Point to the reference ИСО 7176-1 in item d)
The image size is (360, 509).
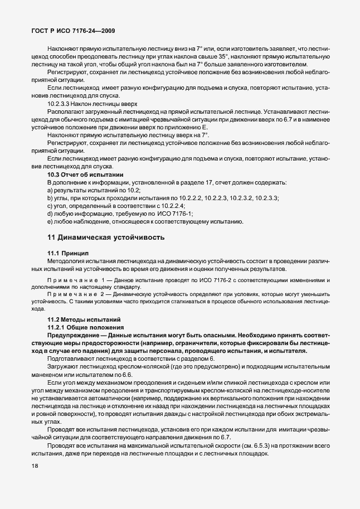[189, 214]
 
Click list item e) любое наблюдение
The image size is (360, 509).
[145, 222]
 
